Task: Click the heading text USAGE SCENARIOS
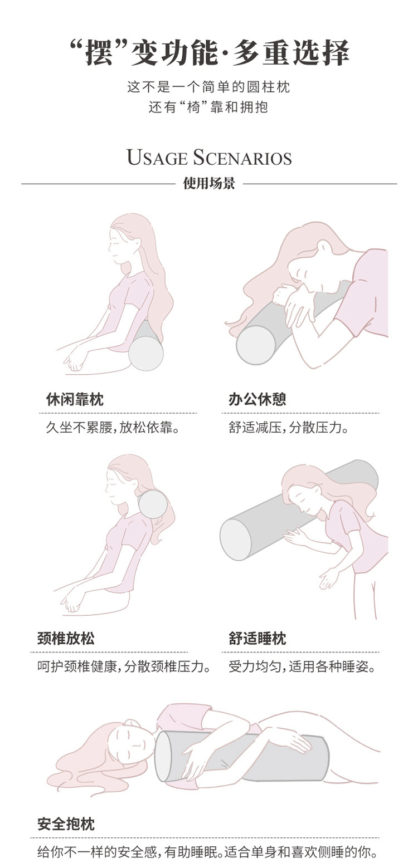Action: coord(209,158)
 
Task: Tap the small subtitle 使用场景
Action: coord(209,184)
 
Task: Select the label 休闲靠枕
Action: coord(74,399)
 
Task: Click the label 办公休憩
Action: coord(257,399)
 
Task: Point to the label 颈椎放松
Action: coord(66,638)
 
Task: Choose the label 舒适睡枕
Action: coord(257,638)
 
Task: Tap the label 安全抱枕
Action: coord(66,824)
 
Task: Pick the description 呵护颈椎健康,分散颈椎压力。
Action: coord(124,666)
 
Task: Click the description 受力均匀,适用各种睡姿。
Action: coord(302,666)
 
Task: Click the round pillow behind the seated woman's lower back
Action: coord(145,353)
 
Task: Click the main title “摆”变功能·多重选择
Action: coord(209,53)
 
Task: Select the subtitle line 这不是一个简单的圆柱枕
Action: coord(209,87)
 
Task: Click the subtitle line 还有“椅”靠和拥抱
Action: coord(209,107)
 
